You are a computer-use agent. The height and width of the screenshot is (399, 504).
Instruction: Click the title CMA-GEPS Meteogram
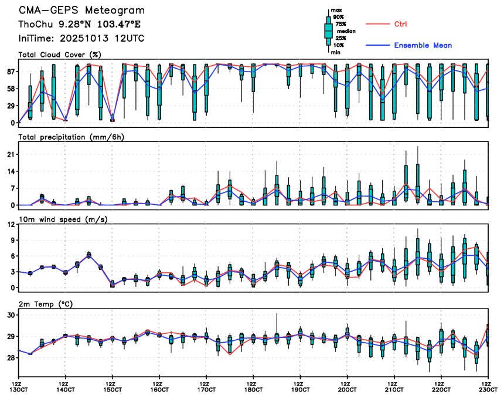coord(81,11)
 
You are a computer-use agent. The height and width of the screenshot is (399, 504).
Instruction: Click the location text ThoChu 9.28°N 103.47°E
coord(80,25)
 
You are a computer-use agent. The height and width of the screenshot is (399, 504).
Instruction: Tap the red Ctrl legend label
coord(400,24)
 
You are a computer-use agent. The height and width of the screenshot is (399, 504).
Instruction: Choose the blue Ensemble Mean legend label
coord(423,45)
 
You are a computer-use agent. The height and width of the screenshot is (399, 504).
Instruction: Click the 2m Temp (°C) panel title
coord(47,304)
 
